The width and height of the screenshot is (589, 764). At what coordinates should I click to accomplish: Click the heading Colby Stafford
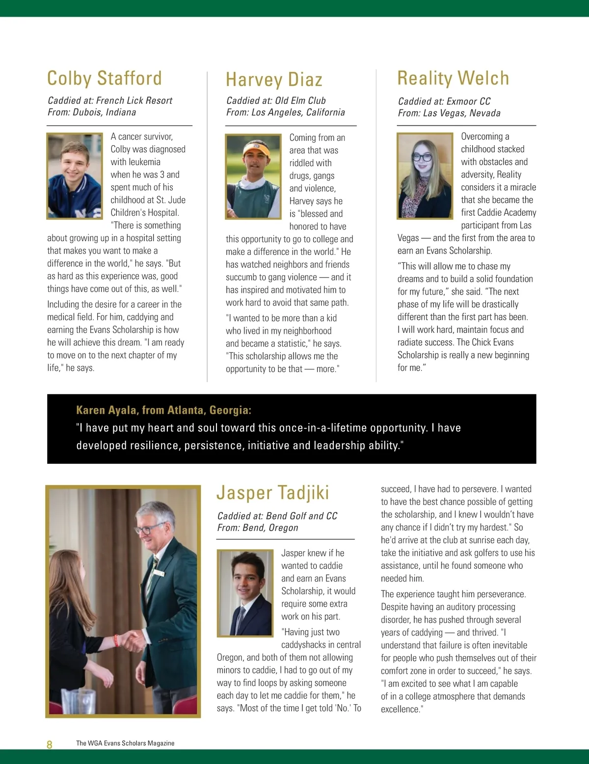point(104,78)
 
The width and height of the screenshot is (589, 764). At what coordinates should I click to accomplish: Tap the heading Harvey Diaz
point(274,80)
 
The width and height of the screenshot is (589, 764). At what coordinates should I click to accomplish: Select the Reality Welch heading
point(453,78)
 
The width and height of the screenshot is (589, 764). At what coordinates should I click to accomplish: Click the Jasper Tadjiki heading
point(273,493)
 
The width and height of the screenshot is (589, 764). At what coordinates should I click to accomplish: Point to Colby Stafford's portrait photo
point(75,176)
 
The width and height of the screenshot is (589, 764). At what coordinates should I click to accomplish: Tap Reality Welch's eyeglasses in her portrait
point(422,157)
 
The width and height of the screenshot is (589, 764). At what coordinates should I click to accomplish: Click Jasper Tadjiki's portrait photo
point(245,593)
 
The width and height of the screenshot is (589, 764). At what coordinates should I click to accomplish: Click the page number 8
point(49,744)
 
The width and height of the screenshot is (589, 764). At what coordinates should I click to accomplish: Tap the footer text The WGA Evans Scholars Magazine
point(125,743)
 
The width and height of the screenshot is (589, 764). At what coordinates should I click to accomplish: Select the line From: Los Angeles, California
point(285,112)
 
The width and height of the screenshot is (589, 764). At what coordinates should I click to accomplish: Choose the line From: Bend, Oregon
point(258,528)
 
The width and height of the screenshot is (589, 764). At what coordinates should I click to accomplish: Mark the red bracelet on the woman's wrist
point(117,640)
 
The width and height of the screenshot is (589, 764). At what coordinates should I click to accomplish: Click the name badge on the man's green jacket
point(158,572)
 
